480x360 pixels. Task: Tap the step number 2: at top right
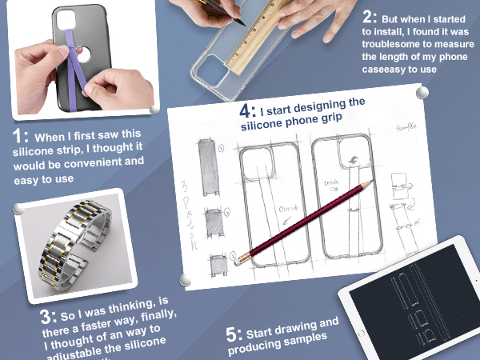(370, 17)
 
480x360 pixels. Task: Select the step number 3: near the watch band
(49, 314)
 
